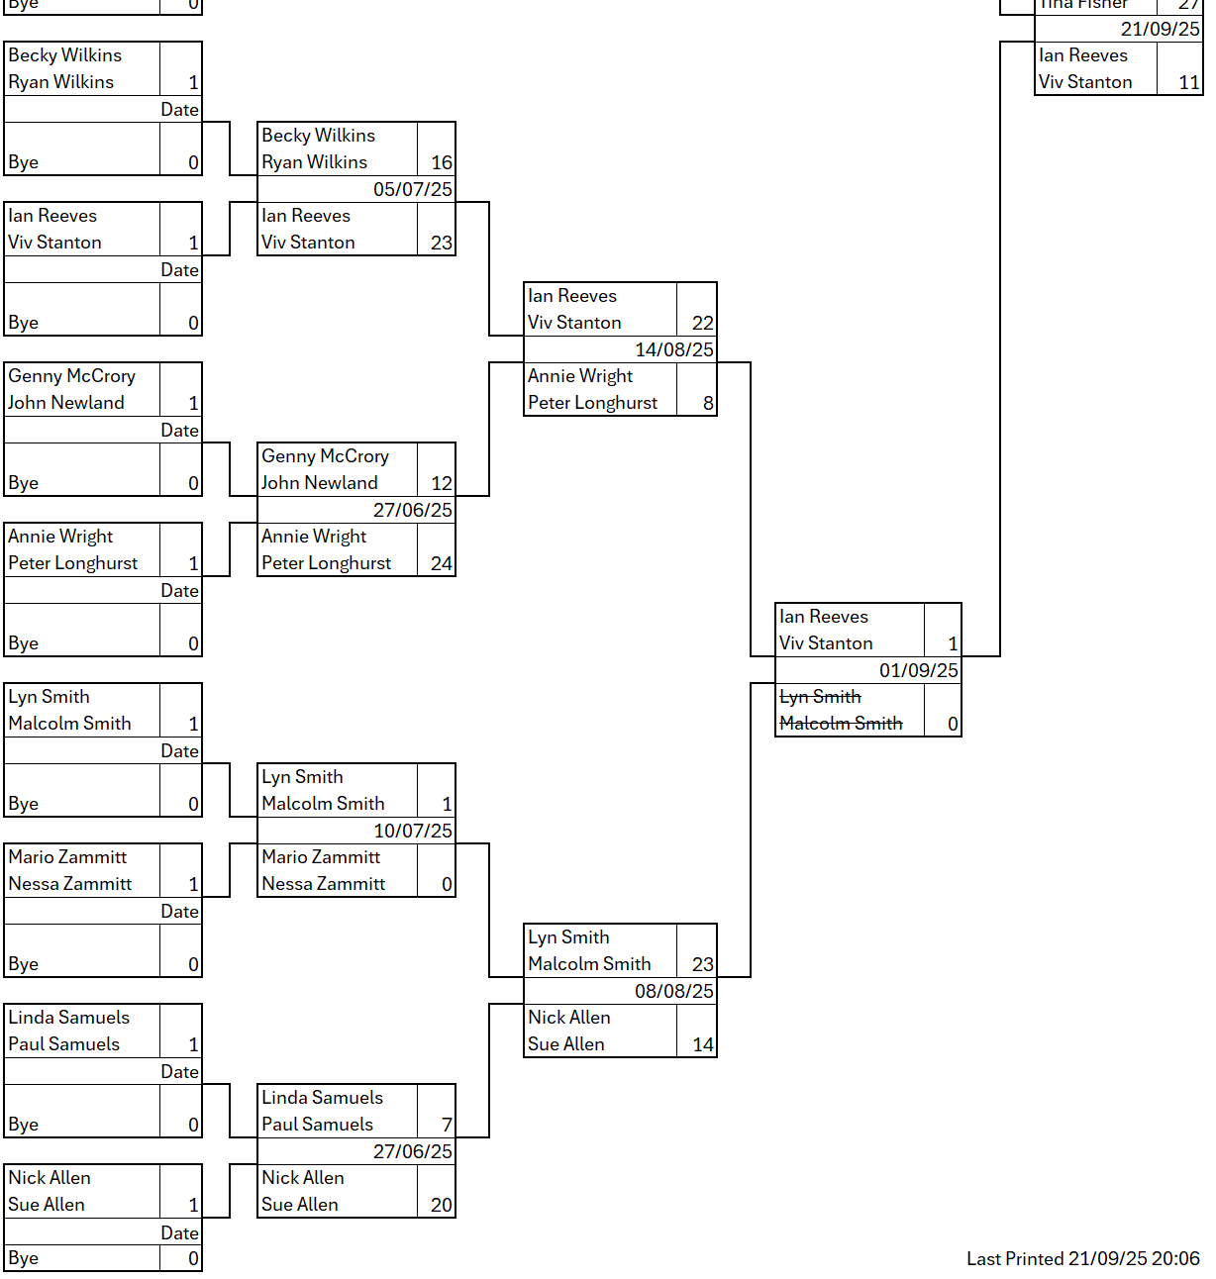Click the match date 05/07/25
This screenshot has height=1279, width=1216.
point(412,189)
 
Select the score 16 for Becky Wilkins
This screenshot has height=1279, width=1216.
point(441,162)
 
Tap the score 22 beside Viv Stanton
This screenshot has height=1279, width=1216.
point(702,323)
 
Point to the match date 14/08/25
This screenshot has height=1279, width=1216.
point(673,349)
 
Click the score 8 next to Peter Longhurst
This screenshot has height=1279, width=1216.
point(707,403)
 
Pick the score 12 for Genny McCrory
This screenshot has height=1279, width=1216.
point(441,483)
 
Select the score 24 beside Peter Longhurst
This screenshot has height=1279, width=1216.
point(441,563)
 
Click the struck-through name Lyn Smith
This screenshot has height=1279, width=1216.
point(820,697)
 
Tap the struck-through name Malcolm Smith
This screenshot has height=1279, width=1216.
point(841,724)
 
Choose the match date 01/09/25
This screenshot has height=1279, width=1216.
point(918,670)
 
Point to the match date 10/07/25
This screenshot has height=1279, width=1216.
point(412,831)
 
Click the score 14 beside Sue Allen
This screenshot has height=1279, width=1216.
point(702,1044)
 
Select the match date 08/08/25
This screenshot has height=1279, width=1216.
point(673,991)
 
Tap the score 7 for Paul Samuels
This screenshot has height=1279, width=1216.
point(446,1125)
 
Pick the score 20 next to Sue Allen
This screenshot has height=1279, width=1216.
point(441,1205)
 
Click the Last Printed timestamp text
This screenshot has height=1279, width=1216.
point(1082,1258)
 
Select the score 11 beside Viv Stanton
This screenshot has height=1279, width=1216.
point(1188,82)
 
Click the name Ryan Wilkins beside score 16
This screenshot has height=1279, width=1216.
point(314,162)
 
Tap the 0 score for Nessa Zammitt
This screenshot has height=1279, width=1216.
point(446,884)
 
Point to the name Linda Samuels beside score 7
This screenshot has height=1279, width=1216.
point(322,1098)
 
